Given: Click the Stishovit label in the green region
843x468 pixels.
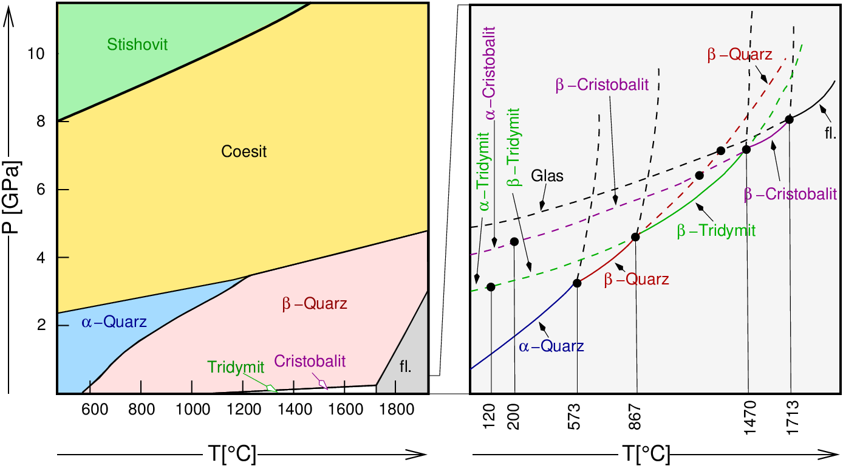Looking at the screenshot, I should click(137, 44).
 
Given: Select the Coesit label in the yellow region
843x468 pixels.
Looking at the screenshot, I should click(243, 151).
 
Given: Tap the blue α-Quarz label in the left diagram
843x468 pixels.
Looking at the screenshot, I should click(114, 322).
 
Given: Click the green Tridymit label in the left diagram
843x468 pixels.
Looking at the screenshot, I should click(236, 367).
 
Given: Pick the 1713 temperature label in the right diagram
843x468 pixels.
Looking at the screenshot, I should click(791, 418).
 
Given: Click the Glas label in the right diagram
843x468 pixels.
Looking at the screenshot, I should click(548, 176).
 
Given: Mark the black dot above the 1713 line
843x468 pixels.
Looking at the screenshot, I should click(789, 119).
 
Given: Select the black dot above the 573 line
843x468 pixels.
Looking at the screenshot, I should click(577, 283).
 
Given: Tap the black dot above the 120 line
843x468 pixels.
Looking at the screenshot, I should click(491, 287).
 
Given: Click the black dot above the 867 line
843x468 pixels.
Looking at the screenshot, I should click(636, 236).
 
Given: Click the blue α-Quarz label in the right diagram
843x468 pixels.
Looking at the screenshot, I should click(551, 346).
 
